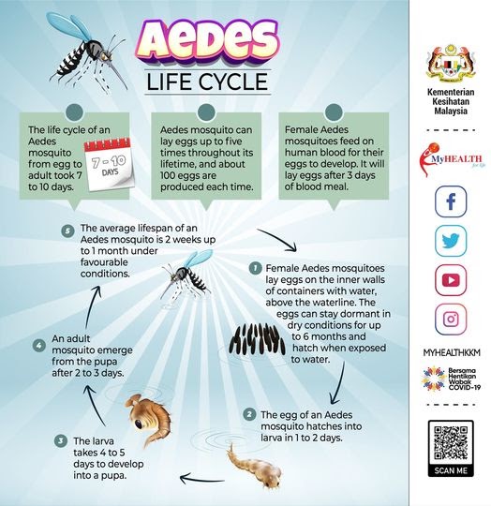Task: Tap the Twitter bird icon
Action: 450,239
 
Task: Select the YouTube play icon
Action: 450,279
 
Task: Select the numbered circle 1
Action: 255,267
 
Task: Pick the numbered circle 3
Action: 61,439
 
